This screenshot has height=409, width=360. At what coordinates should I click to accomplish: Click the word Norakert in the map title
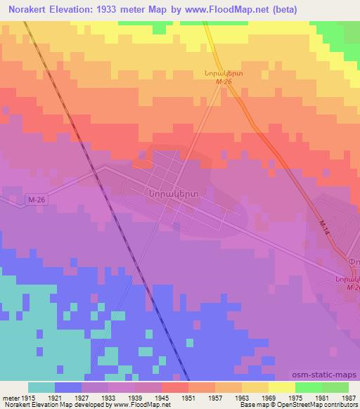click(x=29, y=9)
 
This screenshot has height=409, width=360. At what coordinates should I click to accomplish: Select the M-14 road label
click(x=323, y=227)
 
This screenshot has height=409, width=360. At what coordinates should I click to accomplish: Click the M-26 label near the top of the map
click(x=223, y=82)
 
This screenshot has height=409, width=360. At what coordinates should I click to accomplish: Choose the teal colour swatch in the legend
click(x=41, y=387)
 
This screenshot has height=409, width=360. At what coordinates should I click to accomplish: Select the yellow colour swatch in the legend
click(x=281, y=387)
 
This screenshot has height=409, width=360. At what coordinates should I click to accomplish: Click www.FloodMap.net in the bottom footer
click(x=143, y=404)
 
